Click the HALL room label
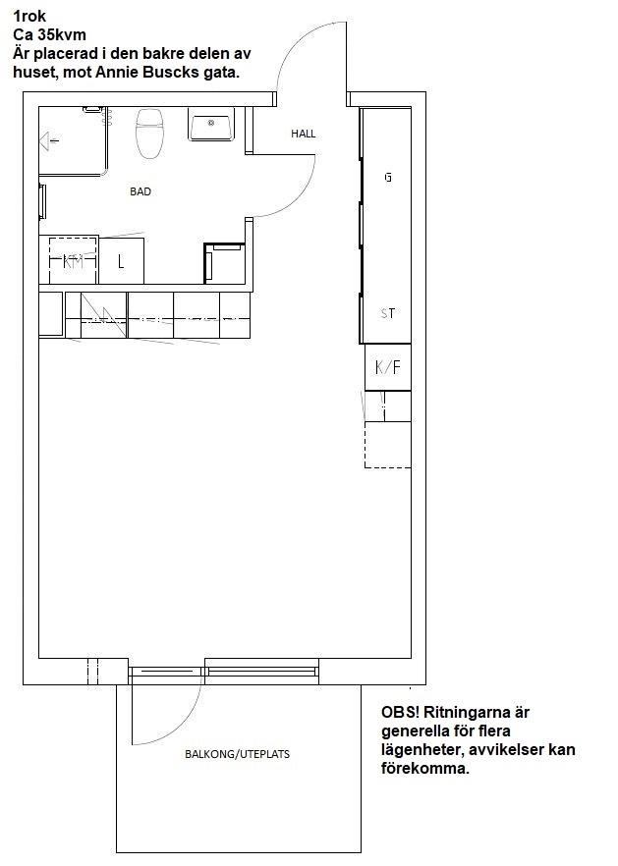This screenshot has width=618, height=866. point(304,134)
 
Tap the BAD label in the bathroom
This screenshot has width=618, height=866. point(140,191)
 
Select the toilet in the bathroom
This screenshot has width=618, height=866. point(149,133)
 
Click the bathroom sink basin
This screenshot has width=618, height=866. point(211,125)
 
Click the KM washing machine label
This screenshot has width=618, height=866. point(73,261)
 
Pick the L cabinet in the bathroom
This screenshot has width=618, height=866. point(121,261)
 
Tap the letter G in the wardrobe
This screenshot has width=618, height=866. point(388,178)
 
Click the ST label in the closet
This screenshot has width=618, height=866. point(388,314)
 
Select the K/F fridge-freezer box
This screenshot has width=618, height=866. point(388,367)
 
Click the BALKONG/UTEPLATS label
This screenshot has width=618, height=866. point(237,754)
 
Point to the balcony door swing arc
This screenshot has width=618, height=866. point(183,719)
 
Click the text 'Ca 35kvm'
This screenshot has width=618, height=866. point(50,34)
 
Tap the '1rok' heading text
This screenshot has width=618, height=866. point(29,17)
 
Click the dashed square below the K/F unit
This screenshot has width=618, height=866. point(387,445)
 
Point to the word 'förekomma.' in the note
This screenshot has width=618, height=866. point(425,768)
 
